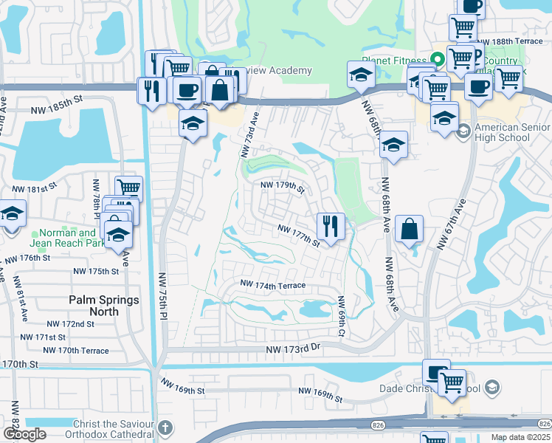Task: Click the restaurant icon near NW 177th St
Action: tap(331, 226)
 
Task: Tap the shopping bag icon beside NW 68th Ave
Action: tap(409, 229)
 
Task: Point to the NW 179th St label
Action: tap(280, 188)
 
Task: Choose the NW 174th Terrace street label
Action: tap(272, 285)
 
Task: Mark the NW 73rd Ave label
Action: tap(248, 134)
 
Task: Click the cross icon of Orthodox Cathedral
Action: tap(167, 427)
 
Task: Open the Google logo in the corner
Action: tap(24, 434)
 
